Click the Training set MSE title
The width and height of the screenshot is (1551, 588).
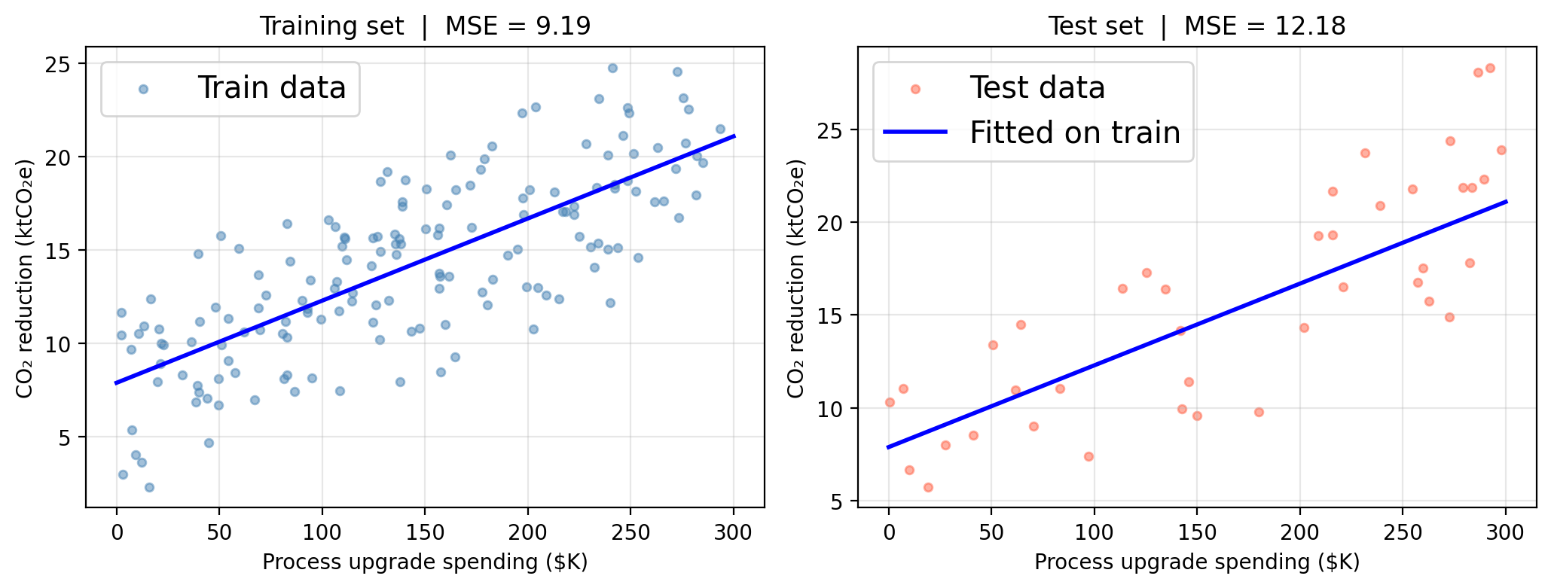click(425, 26)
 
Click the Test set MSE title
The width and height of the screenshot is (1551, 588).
click(1197, 26)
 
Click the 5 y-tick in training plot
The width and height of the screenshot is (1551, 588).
click(66, 437)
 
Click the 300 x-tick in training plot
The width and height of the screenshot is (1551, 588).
click(734, 533)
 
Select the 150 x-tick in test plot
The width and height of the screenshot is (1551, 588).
click(1197, 533)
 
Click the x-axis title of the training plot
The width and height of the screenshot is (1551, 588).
click(425, 562)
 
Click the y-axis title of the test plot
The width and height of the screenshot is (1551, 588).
click(795, 278)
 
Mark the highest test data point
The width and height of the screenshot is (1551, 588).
click(1489, 69)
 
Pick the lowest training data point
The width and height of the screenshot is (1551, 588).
click(149, 487)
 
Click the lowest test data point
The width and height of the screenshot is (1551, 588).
click(928, 487)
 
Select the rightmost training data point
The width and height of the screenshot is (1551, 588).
click(720, 129)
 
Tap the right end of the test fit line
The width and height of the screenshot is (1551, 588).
click(1506, 201)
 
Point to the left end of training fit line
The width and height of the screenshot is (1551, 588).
click(117, 383)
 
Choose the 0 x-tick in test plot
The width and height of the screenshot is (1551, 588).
click(889, 533)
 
